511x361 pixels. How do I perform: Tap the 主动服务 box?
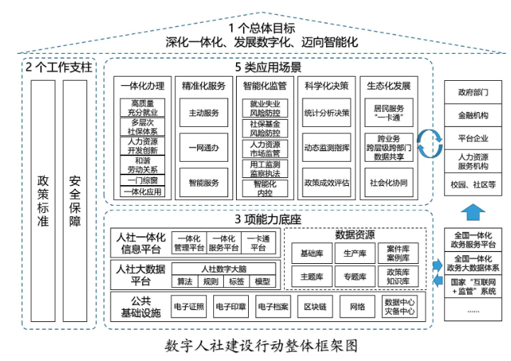203,113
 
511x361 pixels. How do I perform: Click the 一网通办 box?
203,148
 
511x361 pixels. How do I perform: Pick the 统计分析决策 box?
326,113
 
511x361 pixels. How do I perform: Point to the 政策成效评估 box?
326,182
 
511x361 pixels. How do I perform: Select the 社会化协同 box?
388,182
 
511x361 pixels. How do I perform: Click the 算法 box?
185,282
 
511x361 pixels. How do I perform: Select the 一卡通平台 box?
263,243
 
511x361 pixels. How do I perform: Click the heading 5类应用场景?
269,67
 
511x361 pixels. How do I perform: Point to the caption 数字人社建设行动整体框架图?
255,347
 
